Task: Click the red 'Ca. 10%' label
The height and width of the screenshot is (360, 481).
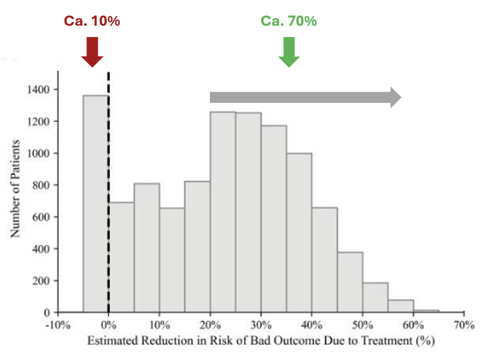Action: [92, 21]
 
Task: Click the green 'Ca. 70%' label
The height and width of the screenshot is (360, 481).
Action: [288, 21]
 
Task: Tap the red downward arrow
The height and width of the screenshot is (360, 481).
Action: [92, 52]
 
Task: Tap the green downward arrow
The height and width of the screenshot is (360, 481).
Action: [289, 52]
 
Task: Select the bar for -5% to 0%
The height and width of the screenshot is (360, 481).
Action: [96, 204]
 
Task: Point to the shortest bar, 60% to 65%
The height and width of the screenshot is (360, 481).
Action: [426, 311]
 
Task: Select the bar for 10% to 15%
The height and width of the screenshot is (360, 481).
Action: [172, 258]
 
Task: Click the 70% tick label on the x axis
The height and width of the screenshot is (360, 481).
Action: [463, 325]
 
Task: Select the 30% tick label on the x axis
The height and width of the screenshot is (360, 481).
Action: [261, 325]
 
